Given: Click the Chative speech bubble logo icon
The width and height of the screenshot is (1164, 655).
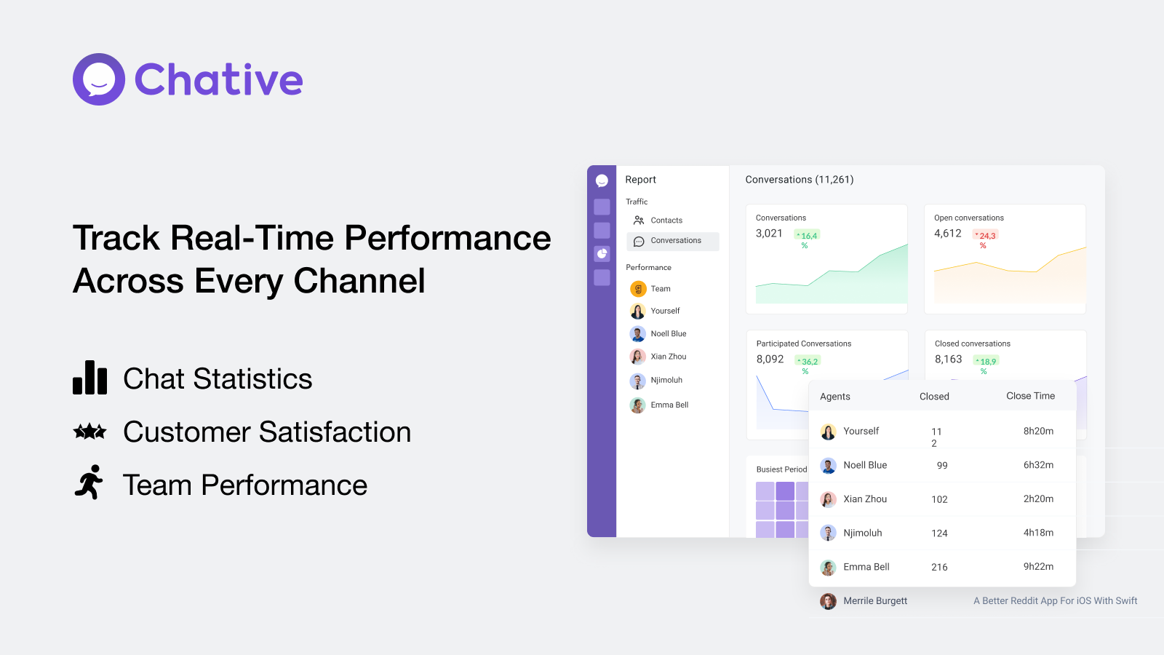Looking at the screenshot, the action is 99,79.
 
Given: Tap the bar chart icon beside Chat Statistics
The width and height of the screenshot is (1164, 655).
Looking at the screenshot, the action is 90,378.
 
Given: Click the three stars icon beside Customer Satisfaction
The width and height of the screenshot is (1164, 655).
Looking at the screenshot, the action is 90,431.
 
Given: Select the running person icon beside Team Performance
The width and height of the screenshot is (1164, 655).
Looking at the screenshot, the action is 89,482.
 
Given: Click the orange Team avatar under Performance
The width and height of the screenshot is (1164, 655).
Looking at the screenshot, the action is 637,288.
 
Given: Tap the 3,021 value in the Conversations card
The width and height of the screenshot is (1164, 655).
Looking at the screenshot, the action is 769,234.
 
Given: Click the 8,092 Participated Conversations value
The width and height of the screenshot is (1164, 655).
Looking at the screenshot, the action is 770,360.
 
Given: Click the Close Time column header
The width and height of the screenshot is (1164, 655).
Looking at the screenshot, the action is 1030,396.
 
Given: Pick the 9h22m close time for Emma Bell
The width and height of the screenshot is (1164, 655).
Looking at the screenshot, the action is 1038,567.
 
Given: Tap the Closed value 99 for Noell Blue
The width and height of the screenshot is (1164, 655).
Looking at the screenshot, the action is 942,466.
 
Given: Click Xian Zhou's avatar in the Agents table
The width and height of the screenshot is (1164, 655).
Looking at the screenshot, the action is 828,499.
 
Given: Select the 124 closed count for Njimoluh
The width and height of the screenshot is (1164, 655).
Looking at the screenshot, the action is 939,533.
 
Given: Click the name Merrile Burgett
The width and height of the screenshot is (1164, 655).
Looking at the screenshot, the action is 875,601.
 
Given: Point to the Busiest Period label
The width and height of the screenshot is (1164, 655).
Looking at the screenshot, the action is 781,469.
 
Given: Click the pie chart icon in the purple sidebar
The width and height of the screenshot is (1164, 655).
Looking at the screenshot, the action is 602,254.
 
